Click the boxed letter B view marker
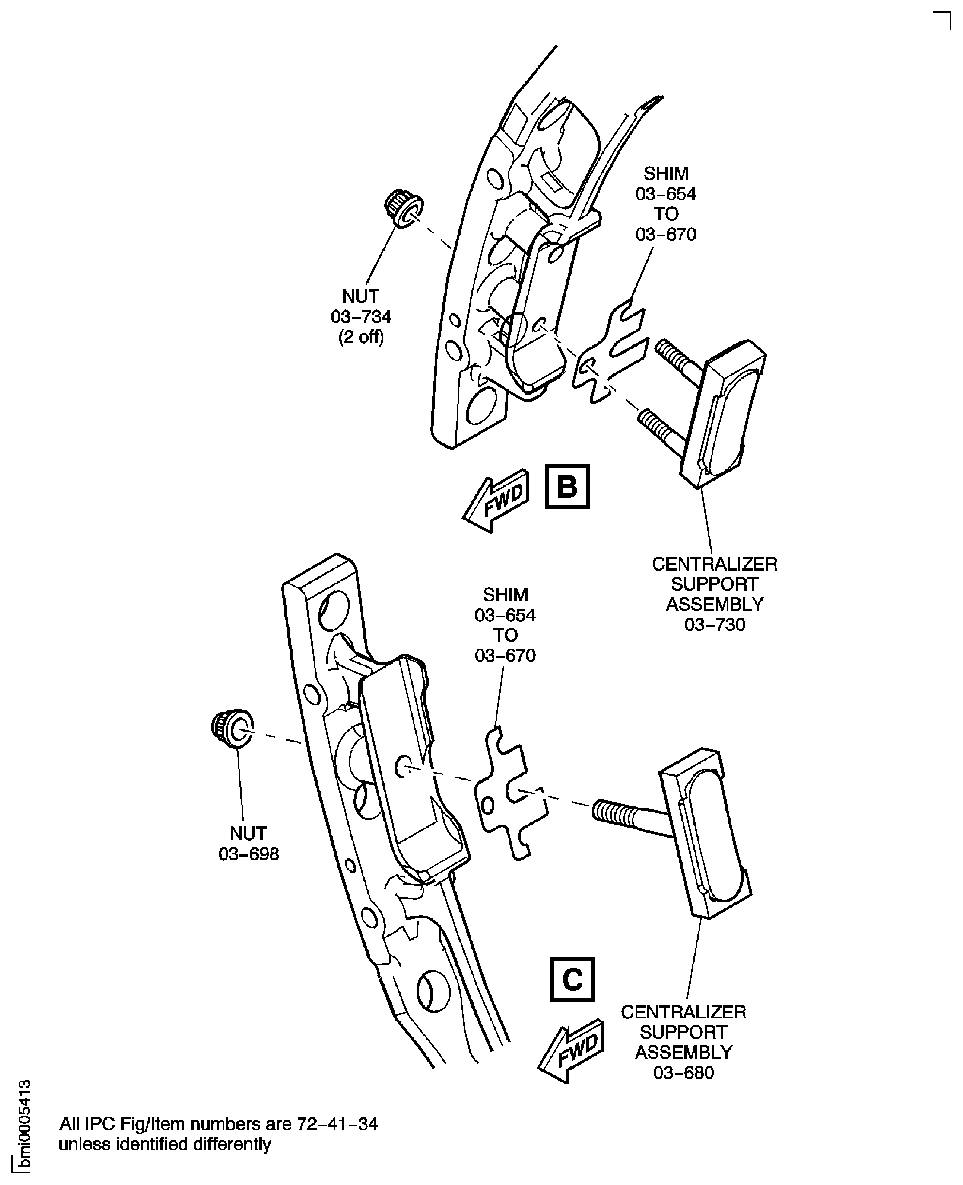566,487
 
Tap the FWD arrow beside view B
497,500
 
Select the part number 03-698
248,854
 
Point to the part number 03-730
715,625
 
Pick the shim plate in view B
610,353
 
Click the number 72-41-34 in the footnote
337,1124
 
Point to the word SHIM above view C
505,595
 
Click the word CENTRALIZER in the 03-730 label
715,564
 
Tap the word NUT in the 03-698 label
248,833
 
